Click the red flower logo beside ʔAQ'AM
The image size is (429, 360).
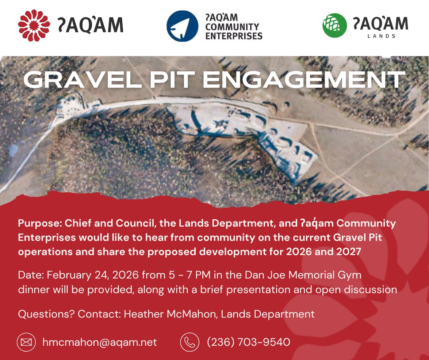point(34,25)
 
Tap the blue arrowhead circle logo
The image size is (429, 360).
point(182,26)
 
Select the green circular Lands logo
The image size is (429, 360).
point(334,25)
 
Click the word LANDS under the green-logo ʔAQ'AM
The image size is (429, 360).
point(382,36)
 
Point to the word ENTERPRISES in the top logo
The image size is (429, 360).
point(234,36)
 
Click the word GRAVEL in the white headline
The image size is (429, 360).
point(83,80)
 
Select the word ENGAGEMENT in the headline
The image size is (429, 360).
point(304,80)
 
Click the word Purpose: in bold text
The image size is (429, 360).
point(40,224)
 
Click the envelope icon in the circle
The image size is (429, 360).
point(26,342)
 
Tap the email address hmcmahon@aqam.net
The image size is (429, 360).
point(100,342)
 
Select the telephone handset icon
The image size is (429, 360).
point(189,342)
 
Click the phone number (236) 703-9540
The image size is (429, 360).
point(248,342)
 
